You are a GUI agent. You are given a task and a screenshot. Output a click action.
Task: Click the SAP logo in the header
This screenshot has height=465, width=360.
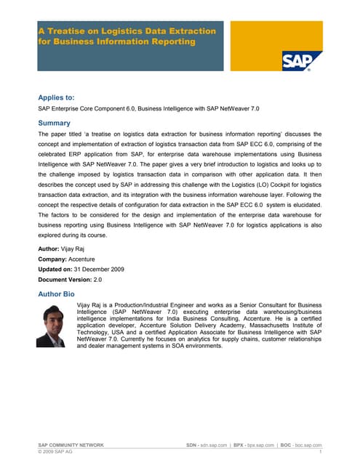click(297, 60)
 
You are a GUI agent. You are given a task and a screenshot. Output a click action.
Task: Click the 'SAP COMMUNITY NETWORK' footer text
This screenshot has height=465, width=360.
click(71, 445)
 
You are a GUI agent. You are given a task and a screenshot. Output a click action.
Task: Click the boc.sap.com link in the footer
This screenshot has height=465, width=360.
click(308, 445)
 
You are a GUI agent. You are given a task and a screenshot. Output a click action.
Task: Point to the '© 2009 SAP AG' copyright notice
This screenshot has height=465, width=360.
click(55, 452)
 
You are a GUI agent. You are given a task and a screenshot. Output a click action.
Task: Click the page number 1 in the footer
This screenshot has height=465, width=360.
click(320, 452)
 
